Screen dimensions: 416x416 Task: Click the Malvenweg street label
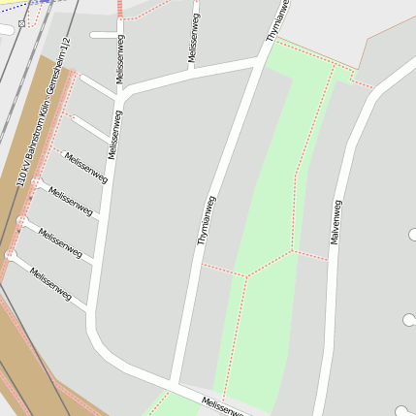click(336, 222)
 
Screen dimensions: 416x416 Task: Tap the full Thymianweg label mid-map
click(206, 220)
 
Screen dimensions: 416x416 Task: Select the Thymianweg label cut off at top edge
click(277, 19)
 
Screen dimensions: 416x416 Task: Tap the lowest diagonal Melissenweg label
click(51, 284)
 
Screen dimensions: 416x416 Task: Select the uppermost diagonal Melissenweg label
click(86, 166)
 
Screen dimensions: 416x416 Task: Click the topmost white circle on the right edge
click(414, 234)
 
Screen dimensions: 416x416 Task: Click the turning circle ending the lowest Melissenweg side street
click(11, 254)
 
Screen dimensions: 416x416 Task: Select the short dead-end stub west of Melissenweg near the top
click(103, 35)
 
